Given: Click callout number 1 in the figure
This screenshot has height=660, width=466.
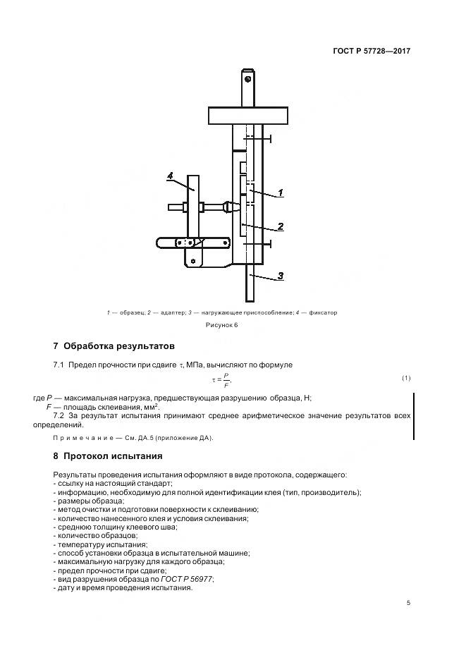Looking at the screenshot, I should click(280, 192).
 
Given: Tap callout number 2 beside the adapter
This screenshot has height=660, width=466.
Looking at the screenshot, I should click(280, 226).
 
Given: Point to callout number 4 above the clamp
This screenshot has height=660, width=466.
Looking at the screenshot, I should click(171, 175).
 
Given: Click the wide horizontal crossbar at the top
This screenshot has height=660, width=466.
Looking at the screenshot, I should click(248, 114).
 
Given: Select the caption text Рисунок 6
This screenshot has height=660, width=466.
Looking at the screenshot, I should click(223, 325).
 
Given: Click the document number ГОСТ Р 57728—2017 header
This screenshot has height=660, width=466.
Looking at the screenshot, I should click(372, 51).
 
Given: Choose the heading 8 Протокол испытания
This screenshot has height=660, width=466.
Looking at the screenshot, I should click(107, 456).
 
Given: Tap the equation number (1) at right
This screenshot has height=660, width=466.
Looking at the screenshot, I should click(406, 379).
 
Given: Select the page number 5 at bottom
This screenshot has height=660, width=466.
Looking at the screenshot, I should click(408, 603).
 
